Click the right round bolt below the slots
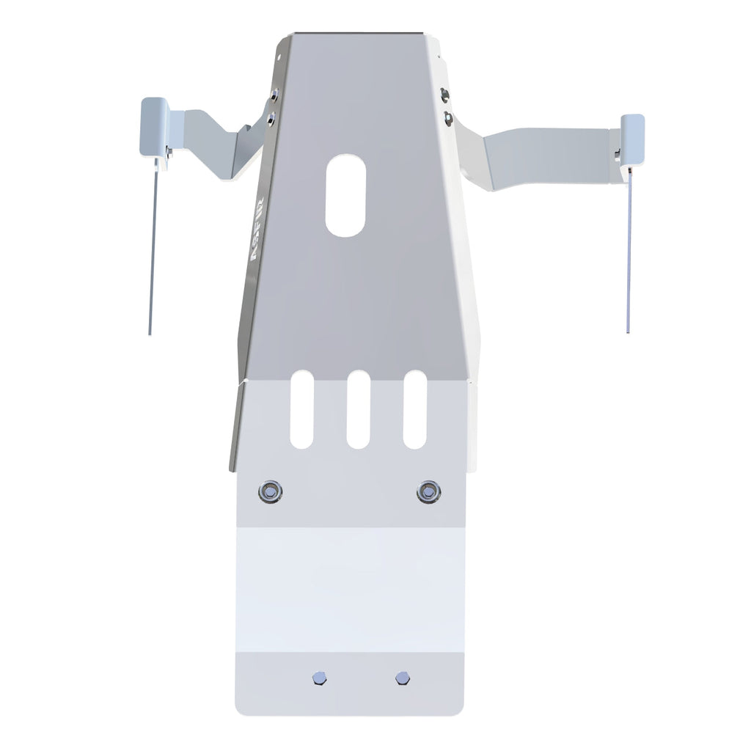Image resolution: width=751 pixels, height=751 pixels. click(428, 491)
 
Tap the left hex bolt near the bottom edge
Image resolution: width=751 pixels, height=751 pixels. click(318, 678)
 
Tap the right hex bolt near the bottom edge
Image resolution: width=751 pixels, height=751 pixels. click(400, 678)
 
